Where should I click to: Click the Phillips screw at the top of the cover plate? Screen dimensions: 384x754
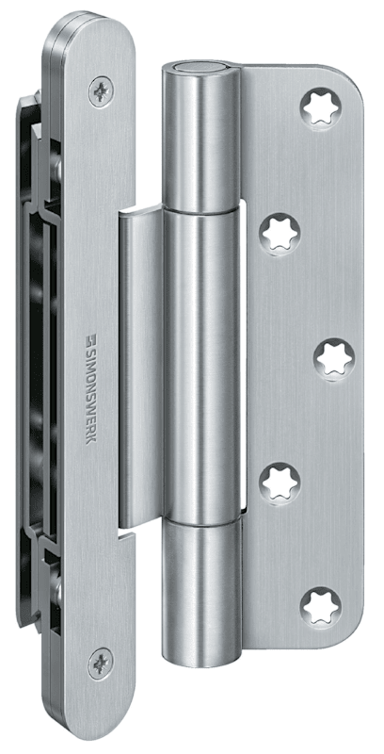click(102, 91)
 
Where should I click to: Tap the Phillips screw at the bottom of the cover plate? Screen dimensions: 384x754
click(101, 664)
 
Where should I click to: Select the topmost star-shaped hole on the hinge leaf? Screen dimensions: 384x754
click(321, 107)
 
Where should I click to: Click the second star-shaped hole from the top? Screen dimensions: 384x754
click(280, 234)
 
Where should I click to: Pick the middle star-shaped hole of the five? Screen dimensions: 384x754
click(334, 359)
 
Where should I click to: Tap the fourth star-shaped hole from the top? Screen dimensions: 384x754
click(280, 484)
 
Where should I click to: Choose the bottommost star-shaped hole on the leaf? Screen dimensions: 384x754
click(321, 608)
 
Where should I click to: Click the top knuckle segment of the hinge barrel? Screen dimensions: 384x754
click(200, 139)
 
